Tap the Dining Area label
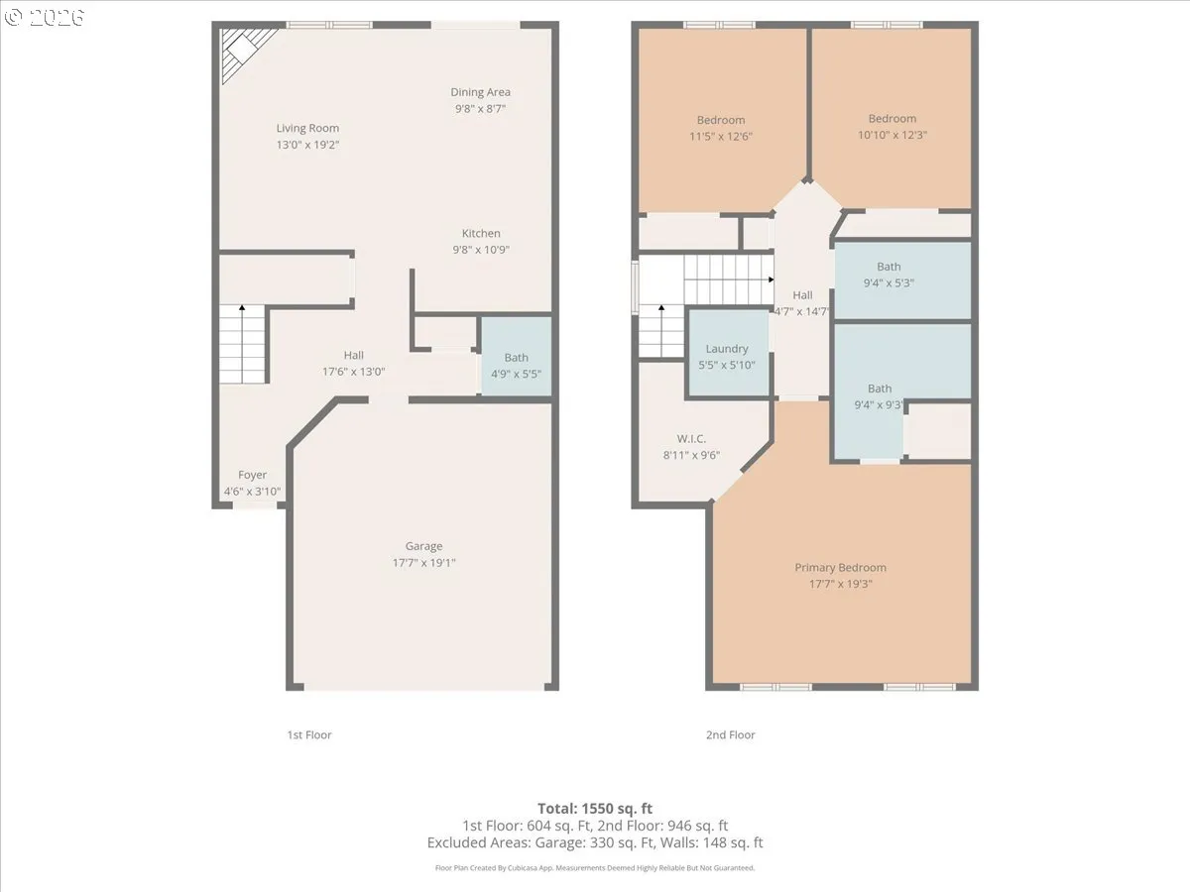480,92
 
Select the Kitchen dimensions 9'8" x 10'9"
481,250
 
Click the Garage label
424,546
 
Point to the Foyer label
253,475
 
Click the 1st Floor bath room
516,356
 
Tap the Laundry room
728,353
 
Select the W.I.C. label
691,438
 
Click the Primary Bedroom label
840,567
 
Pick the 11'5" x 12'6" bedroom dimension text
721,137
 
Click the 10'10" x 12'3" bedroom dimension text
892,135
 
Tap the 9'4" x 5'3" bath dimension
889,282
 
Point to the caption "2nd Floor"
730,735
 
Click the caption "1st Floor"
309,735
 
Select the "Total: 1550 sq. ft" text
595,809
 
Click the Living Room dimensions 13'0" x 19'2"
307,145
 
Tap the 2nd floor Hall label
802,295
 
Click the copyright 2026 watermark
44,17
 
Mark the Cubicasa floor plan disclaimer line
595,868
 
